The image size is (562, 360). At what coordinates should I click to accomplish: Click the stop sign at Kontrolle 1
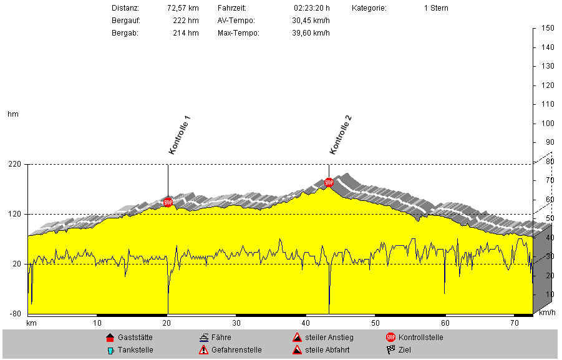click(168, 202)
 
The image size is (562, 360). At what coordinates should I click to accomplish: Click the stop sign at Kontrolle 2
click(329, 183)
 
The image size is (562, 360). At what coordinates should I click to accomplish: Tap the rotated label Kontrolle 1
click(179, 135)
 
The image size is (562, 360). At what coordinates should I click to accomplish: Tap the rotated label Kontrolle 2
click(341, 135)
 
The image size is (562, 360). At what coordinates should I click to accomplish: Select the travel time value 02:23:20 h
click(311, 9)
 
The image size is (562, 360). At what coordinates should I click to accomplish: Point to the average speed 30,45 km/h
click(311, 21)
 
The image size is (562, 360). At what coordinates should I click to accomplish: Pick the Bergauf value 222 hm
click(186, 21)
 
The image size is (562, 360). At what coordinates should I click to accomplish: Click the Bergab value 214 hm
click(186, 32)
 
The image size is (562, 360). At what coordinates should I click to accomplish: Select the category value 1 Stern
click(435, 9)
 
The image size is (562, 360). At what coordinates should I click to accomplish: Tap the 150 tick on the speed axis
click(548, 29)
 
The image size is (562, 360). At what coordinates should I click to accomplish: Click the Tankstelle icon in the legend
click(111, 350)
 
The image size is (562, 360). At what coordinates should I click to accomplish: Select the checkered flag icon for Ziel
click(390, 350)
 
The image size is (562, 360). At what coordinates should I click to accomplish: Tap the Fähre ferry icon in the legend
click(203, 338)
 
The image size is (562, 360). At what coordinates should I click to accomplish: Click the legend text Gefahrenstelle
click(236, 350)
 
